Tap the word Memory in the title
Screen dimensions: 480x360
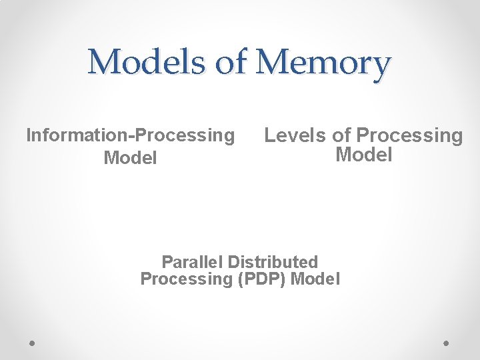point(323,63)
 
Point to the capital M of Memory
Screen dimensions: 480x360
point(273,63)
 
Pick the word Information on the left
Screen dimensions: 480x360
point(78,135)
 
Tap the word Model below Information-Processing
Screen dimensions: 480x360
point(130,159)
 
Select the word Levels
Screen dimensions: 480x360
point(295,135)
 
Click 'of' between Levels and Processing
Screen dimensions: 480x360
point(341,135)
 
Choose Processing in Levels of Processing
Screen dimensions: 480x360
point(409,136)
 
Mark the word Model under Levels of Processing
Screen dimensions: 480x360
point(364,155)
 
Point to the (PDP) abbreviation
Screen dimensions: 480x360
point(262,279)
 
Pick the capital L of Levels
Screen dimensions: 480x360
point(270,135)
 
